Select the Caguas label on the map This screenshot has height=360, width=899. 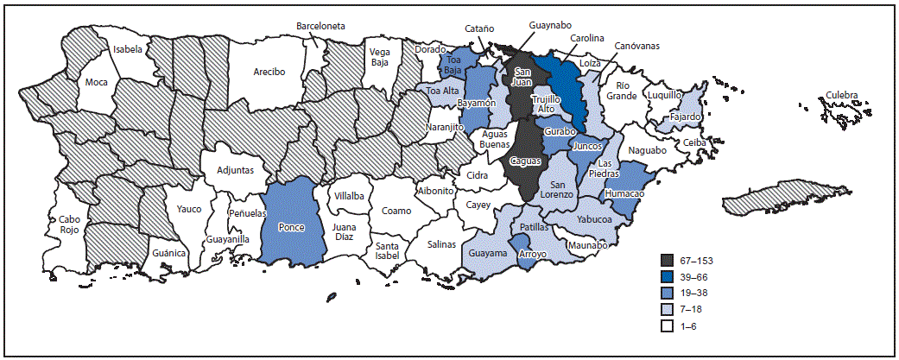526,161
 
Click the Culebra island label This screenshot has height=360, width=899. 841,95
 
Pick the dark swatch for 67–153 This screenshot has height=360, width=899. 668,260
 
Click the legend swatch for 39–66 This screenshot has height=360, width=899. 668,276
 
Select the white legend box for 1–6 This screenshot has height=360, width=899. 668,326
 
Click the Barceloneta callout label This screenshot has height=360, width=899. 320,27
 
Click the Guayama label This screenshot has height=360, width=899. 488,253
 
